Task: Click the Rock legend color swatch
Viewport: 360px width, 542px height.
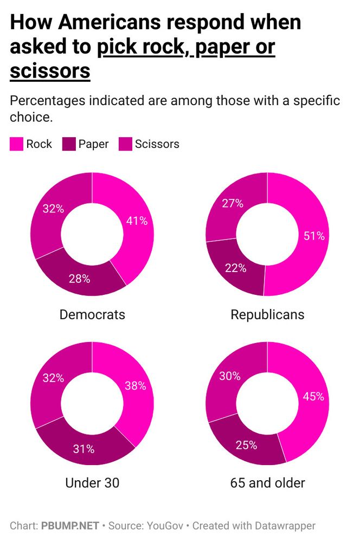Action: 16,144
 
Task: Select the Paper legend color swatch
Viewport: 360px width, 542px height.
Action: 68,144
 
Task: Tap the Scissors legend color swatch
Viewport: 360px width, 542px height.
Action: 125,144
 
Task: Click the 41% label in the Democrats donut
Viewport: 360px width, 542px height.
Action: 137,221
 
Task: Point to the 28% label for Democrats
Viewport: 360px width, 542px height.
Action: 79,279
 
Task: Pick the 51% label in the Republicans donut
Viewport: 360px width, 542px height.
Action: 313,236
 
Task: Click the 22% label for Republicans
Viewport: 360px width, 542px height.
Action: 236,268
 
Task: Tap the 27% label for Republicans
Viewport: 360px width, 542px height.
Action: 233,204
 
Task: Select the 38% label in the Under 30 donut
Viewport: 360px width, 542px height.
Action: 135,386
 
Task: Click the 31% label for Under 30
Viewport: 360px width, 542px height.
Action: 84,449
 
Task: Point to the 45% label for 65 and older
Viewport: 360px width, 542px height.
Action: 313,396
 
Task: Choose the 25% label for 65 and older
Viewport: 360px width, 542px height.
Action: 246,445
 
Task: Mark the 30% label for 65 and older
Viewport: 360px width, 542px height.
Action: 229,376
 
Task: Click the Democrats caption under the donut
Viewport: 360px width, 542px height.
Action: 92,314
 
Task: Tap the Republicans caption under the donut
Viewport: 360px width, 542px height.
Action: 267,314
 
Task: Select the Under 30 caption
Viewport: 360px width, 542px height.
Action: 92,482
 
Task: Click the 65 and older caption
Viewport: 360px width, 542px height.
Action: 267,482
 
